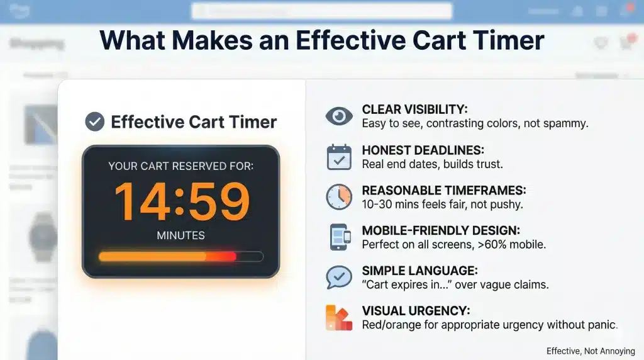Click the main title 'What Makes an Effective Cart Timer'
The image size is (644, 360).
321,40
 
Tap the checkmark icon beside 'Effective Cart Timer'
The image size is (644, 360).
94,121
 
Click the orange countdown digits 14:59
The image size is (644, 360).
181,201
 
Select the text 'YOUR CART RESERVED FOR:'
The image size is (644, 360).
181,167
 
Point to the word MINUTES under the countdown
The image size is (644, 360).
181,235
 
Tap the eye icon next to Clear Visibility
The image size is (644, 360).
339,116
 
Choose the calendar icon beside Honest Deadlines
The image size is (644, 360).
339,157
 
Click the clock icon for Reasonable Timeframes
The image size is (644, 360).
339,196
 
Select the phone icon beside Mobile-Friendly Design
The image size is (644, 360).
339,237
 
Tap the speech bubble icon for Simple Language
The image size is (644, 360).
339,277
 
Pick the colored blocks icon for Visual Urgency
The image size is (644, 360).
339,317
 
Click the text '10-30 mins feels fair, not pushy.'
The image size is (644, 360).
442,205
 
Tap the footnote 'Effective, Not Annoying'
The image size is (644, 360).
591,351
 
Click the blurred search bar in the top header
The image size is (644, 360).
321,11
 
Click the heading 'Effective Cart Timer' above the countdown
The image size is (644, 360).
194,121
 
